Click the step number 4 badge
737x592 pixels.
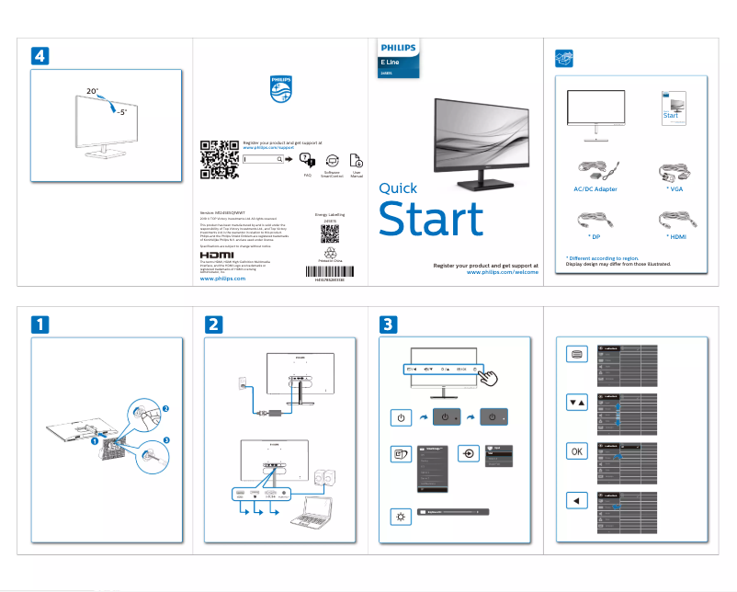point(40,55)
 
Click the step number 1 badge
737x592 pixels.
point(40,324)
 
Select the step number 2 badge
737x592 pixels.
point(213,324)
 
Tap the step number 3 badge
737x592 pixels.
point(388,324)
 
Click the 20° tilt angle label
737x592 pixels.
point(92,93)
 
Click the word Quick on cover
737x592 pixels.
point(398,188)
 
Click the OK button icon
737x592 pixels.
point(575,451)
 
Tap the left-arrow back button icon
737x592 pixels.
point(575,500)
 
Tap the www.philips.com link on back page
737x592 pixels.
point(222,279)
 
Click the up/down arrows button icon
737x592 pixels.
point(575,403)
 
